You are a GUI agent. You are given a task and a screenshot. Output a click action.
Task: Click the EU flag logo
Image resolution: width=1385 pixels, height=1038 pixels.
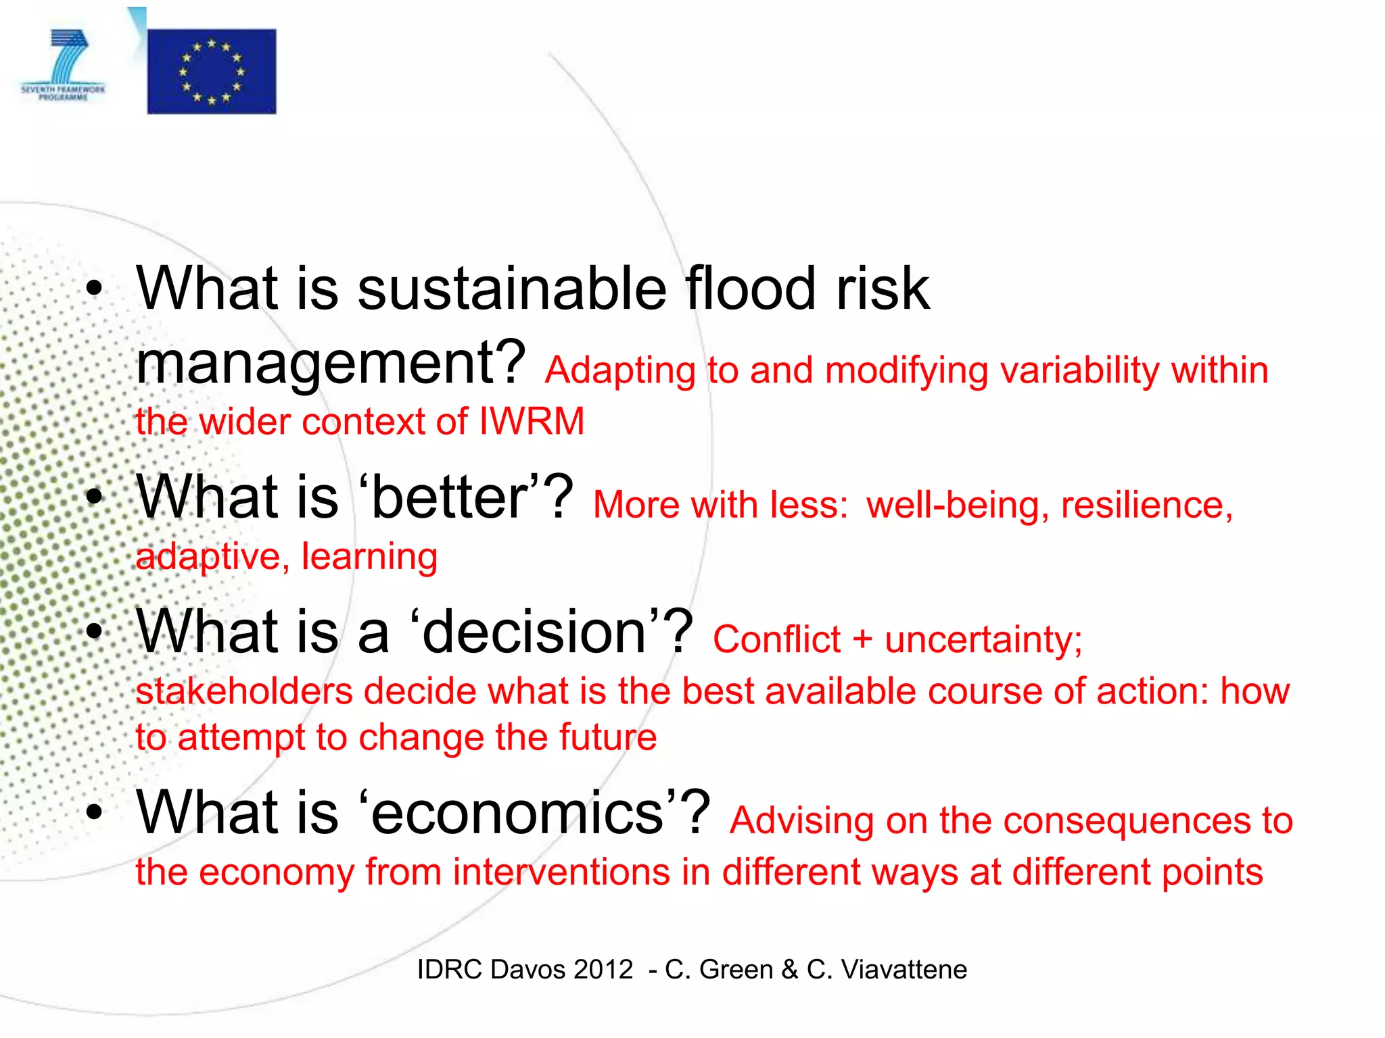pyautogui.click(x=212, y=71)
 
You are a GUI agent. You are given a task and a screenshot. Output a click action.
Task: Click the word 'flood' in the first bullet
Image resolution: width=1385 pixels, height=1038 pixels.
pyautogui.click(x=751, y=289)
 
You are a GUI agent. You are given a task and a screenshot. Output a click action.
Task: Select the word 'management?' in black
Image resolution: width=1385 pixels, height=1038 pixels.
pyautogui.click(x=331, y=364)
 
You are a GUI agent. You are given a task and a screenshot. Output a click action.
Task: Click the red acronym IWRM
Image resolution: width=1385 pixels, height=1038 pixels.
pyautogui.click(x=532, y=422)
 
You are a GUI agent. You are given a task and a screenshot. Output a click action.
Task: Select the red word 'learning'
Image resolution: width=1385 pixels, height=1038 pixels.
pyautogui.click(x=369, y=557)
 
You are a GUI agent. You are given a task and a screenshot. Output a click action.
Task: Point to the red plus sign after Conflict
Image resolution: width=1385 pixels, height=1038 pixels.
pyautogui.click(x=862, y=639)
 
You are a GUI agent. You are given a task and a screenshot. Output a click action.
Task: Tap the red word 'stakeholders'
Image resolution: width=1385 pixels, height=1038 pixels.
pyautogui.click(x=244, y=691)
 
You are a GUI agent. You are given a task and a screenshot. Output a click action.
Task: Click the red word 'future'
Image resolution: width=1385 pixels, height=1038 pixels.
pyautogui.click(x=607, y=737)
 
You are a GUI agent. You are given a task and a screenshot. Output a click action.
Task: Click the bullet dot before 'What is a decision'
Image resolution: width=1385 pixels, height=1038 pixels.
pyautogui.click(x=94, y=633)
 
